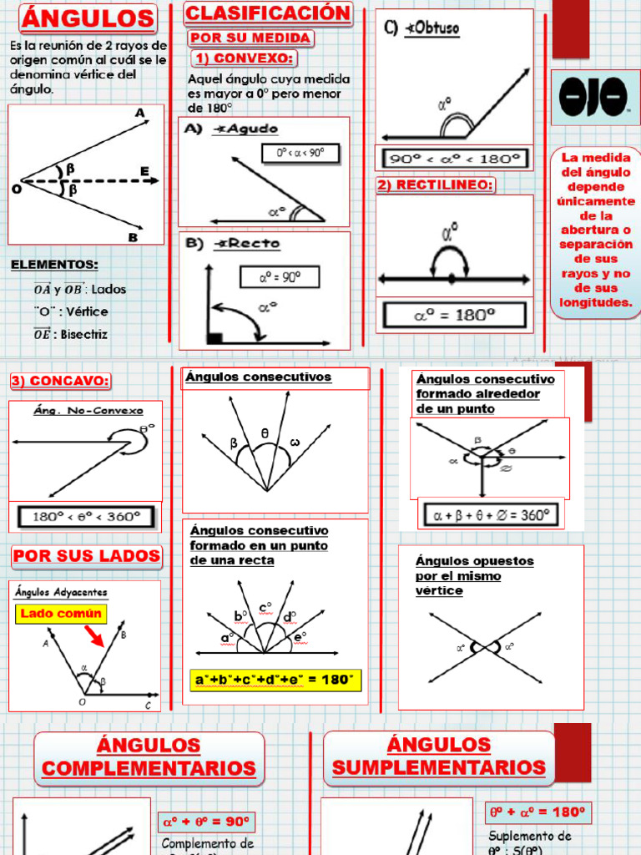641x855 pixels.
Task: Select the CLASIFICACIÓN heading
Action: point(268,13)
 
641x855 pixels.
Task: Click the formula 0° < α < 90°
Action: point(293,153)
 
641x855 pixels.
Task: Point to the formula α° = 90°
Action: point(280,277)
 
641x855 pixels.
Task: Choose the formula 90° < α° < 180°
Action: point(455,159)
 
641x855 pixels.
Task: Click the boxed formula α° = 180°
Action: point(455,315)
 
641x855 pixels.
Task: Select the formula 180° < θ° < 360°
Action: point(85,516)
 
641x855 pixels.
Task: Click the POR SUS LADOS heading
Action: point(87,556)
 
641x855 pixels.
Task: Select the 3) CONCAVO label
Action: point(60,381)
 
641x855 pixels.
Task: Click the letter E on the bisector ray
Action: point(144,171)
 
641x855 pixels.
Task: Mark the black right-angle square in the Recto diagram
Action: point(215,337)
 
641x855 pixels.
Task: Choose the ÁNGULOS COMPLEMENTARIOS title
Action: point(149,756)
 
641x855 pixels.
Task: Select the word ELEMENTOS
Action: point(54,265)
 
